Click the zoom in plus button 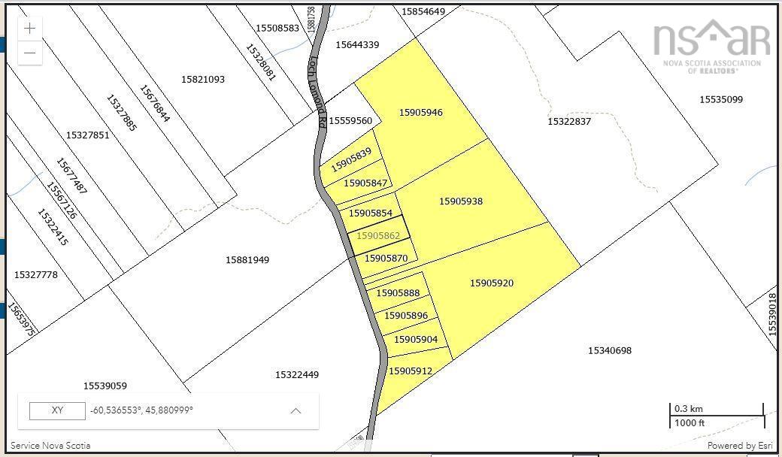29,29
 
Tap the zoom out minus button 29,53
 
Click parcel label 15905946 420,113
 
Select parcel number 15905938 460,201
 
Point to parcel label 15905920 492,283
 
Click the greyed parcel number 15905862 377,235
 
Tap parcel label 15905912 410,371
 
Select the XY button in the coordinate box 57,410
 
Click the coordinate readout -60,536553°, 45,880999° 141,410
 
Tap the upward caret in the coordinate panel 296,410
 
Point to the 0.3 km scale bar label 688,409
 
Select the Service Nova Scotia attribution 50,445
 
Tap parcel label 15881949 247,260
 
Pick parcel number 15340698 609,350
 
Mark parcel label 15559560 350,121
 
